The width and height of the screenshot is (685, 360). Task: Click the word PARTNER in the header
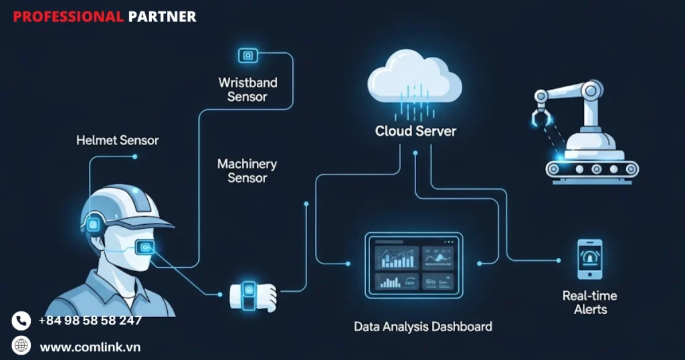(162, 17)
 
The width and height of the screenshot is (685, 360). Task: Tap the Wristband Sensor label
(248, 90)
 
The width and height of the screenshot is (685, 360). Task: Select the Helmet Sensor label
(117, 141)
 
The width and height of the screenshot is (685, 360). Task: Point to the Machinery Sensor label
(247, 171)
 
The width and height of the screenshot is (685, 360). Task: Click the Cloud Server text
(415, 130)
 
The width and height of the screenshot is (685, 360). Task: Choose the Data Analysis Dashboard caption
(423, 327)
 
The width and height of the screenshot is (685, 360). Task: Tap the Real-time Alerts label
(590, 302)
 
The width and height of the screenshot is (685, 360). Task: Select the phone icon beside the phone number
(21, 321)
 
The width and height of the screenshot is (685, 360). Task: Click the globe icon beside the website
(21, 346)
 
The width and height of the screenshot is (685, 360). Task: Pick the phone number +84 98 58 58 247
(90, 321)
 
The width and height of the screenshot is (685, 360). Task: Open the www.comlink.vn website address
(90, 347)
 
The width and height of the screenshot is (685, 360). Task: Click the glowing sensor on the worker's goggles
(144, 248)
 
